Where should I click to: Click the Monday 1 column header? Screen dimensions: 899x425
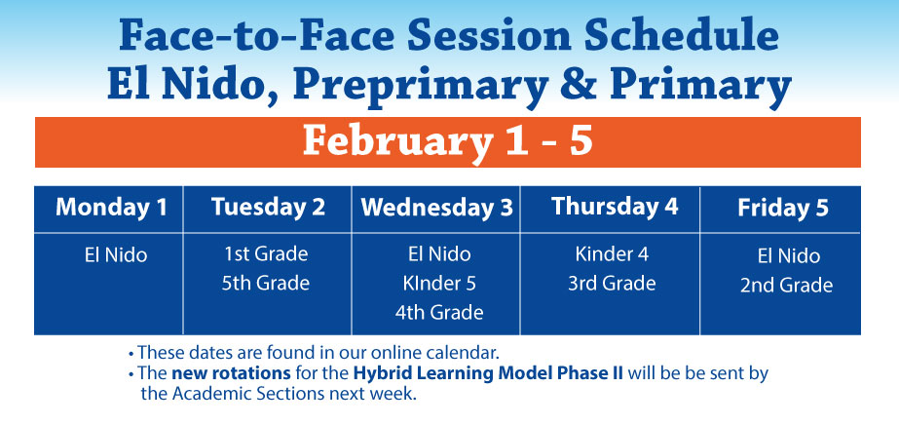pyautogui.click(x=111, y=207)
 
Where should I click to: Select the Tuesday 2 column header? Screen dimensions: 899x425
pyautogui.click(x=268, y=207)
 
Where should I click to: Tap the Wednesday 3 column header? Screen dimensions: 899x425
pyautogui.click(x=436, y=208)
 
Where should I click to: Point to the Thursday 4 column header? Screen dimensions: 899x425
pyautogui.click(x=615, y=207)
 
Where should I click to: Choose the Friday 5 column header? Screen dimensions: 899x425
pyautogui.click(x=783, y=208)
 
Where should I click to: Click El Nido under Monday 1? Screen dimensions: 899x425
pyautogui.click(x=116, y=254)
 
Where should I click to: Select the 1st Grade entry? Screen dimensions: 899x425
pyautogui.click(x=266, y=253)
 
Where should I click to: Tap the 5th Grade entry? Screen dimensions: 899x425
pyautogui.click(x=266, y=283)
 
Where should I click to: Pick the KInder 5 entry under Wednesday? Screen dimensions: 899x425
pyautogui.click(x=439, y=284)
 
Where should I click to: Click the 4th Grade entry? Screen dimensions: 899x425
pyautogui.click(x=439, y=313)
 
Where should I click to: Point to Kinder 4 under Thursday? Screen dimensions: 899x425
pyautogui.click(x=612, y=254)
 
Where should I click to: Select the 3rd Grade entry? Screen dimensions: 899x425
pyautogui.click(x=612, y=284)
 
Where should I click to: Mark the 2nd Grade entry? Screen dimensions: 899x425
pyautogui.click(x=787, y=285)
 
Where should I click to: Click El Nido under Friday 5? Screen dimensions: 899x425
pyautogui.click(x=788, y=255)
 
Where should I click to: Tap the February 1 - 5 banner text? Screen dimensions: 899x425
pyautogui.click(x=447, y=142)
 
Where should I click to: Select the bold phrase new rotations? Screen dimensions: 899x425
pyautogui.click(x=231, y=373)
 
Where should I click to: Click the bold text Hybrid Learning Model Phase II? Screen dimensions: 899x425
pyautogui.click(x=490, y=374)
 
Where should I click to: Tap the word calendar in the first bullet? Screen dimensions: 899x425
pyautogui.click(x=464, y=352)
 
